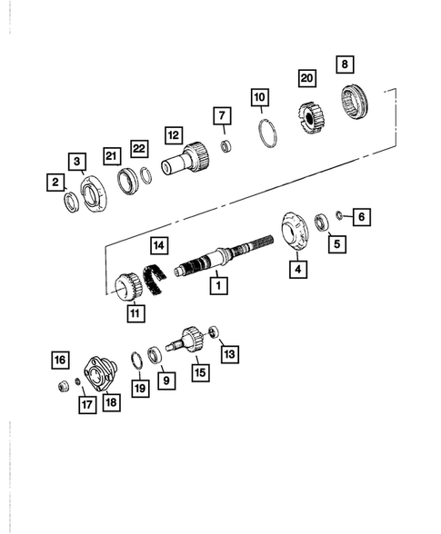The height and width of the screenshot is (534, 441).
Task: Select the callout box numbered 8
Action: coord(345,64)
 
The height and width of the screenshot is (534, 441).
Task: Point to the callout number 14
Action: coord(159,245)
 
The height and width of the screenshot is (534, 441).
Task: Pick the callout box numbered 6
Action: coord(361,216)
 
